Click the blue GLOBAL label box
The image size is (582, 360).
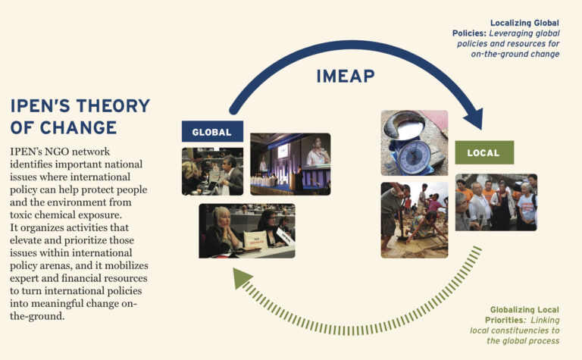212,132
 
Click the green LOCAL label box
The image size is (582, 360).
483,152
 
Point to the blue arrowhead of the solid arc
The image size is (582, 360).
475,119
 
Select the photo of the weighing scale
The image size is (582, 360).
414,143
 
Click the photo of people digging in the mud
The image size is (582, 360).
414,219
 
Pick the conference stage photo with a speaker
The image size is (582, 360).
290,164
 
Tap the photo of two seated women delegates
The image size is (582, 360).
246,230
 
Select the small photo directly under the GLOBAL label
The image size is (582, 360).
212,171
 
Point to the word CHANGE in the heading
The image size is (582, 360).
78,127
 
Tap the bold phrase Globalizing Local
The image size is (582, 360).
522,309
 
